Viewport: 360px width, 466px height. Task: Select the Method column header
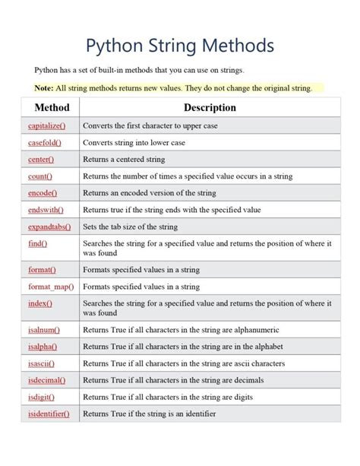[x=52, y=108]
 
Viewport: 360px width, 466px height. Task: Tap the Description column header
[x=210, y=108]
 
